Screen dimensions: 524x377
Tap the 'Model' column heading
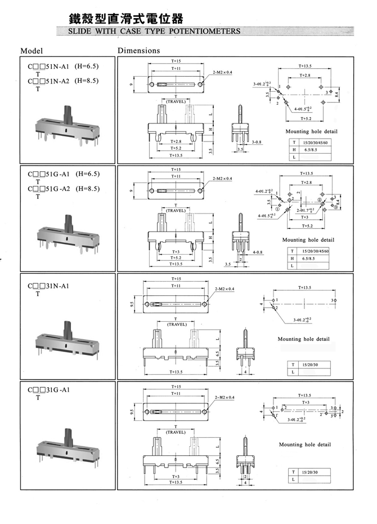(32, 51)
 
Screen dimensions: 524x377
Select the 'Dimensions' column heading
(138, 51)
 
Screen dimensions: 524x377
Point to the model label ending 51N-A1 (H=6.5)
(64, 66)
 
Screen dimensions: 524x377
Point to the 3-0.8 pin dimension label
(257, 141)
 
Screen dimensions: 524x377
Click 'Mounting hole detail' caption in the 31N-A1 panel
(303, 339)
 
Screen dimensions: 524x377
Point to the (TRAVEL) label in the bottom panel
(177, 432)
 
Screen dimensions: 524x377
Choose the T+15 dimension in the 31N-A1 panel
(176, 279)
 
